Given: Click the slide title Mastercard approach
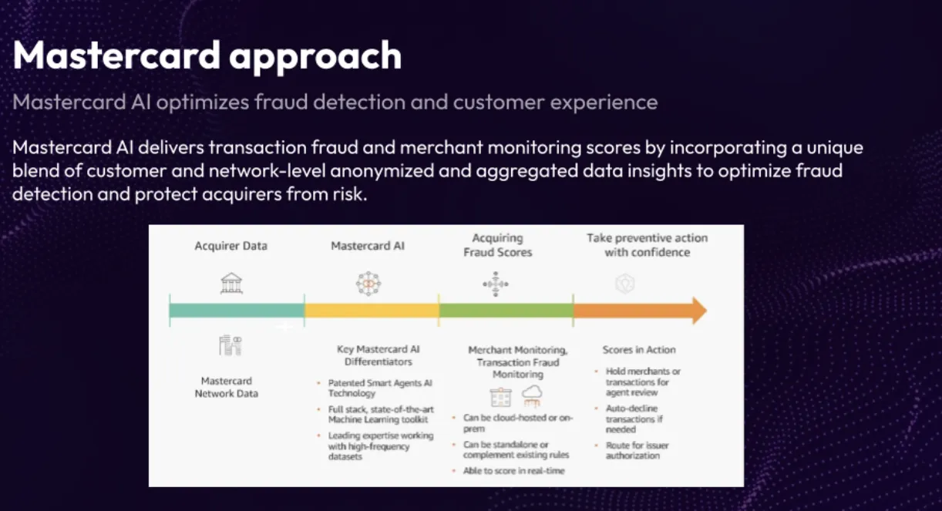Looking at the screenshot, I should click(207, 56).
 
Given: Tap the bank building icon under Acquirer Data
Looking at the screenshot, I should click(230, 284).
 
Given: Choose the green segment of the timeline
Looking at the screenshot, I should click(506, 311).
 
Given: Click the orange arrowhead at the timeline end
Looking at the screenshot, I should click(698, 311).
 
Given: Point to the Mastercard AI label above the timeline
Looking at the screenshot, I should click(368, 246).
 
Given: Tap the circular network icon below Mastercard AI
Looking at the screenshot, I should click(368, 284).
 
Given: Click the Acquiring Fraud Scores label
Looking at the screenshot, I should click(497, 245).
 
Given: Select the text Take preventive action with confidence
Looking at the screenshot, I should click(647, 245).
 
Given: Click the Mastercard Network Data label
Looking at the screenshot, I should click(226, 387).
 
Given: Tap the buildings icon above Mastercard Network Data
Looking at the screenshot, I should click(230, 346).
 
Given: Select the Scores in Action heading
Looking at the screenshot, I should click(638, 350).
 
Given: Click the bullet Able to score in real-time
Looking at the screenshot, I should click(513, 470).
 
